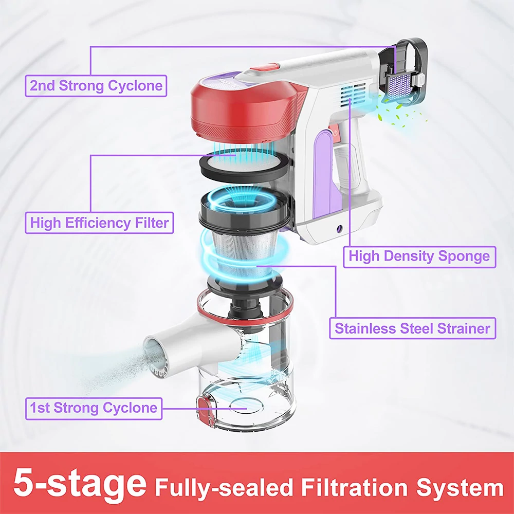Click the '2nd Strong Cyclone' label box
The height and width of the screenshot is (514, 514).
(96, 86)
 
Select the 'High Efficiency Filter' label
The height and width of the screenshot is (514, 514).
(99, 223)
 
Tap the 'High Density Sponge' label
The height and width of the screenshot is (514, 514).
(419, 256)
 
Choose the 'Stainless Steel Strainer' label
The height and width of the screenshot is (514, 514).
(412, 328)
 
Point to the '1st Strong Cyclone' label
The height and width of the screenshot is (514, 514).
(94, 409)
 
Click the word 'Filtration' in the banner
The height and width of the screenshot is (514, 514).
(354, 487)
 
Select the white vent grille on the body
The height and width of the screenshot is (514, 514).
(354, 96)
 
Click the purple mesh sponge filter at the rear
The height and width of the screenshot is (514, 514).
(400, 85)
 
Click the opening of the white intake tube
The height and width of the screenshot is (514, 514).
(154, 356)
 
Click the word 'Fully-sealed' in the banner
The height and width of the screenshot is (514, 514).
(224, 488)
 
